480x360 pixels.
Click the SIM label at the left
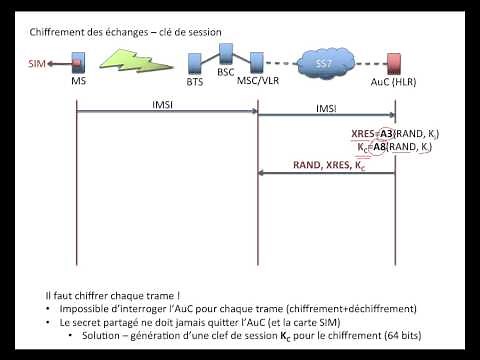37,65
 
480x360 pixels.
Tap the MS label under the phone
78,82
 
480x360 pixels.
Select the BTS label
195,82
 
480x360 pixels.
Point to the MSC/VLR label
257,82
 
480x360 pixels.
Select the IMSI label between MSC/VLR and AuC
326,103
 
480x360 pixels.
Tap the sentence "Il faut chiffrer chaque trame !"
99,296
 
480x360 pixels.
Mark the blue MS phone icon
78,65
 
